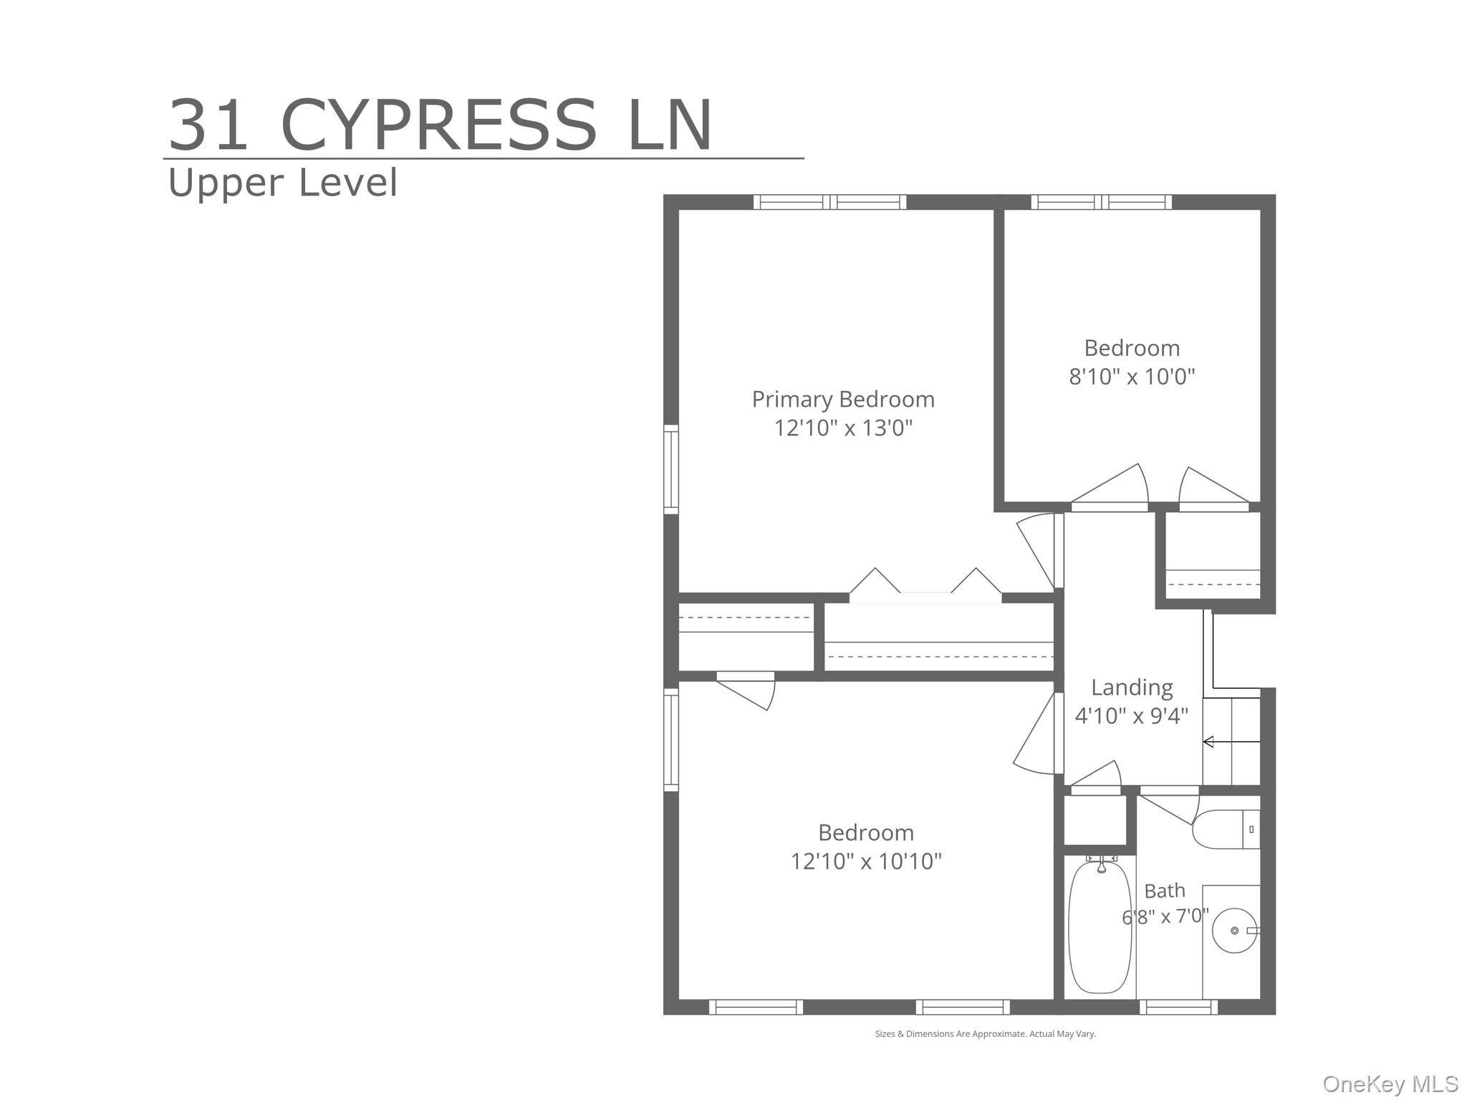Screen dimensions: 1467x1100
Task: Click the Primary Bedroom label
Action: [x=843, y=400]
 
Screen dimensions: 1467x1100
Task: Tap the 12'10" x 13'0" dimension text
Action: [x=843, y=428]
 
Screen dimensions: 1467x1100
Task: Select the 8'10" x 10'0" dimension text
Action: [x=1132, y=376]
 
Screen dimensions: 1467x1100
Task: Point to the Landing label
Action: [x=1132, y=687]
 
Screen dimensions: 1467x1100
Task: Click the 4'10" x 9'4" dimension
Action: [x=1132, y=715]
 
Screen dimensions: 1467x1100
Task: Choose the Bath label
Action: [x=1165, y=891]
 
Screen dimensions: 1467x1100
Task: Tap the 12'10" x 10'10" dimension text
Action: [x=866, y=861]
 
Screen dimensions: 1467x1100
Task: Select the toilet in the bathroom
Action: [x=1226, y=829]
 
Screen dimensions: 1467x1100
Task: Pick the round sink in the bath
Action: [x=1234, y=930]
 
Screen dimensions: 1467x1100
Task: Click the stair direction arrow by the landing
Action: [x=1231, y=742]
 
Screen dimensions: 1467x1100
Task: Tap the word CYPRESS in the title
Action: [x=438, y=125]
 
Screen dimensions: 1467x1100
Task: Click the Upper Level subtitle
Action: [x=282, y=183]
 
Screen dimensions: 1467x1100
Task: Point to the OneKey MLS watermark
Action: [x=1390, y=1084]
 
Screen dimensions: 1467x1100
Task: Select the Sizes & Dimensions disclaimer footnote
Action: [x=985, y=1034]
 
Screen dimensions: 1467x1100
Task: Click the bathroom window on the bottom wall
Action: [x=1178, y=1008]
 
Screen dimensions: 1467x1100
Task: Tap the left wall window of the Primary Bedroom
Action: [x=671, y=469]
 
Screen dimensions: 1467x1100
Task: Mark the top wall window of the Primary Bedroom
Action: [x=829, y=202]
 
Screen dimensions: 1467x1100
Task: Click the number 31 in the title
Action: [x=208, y=125]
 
